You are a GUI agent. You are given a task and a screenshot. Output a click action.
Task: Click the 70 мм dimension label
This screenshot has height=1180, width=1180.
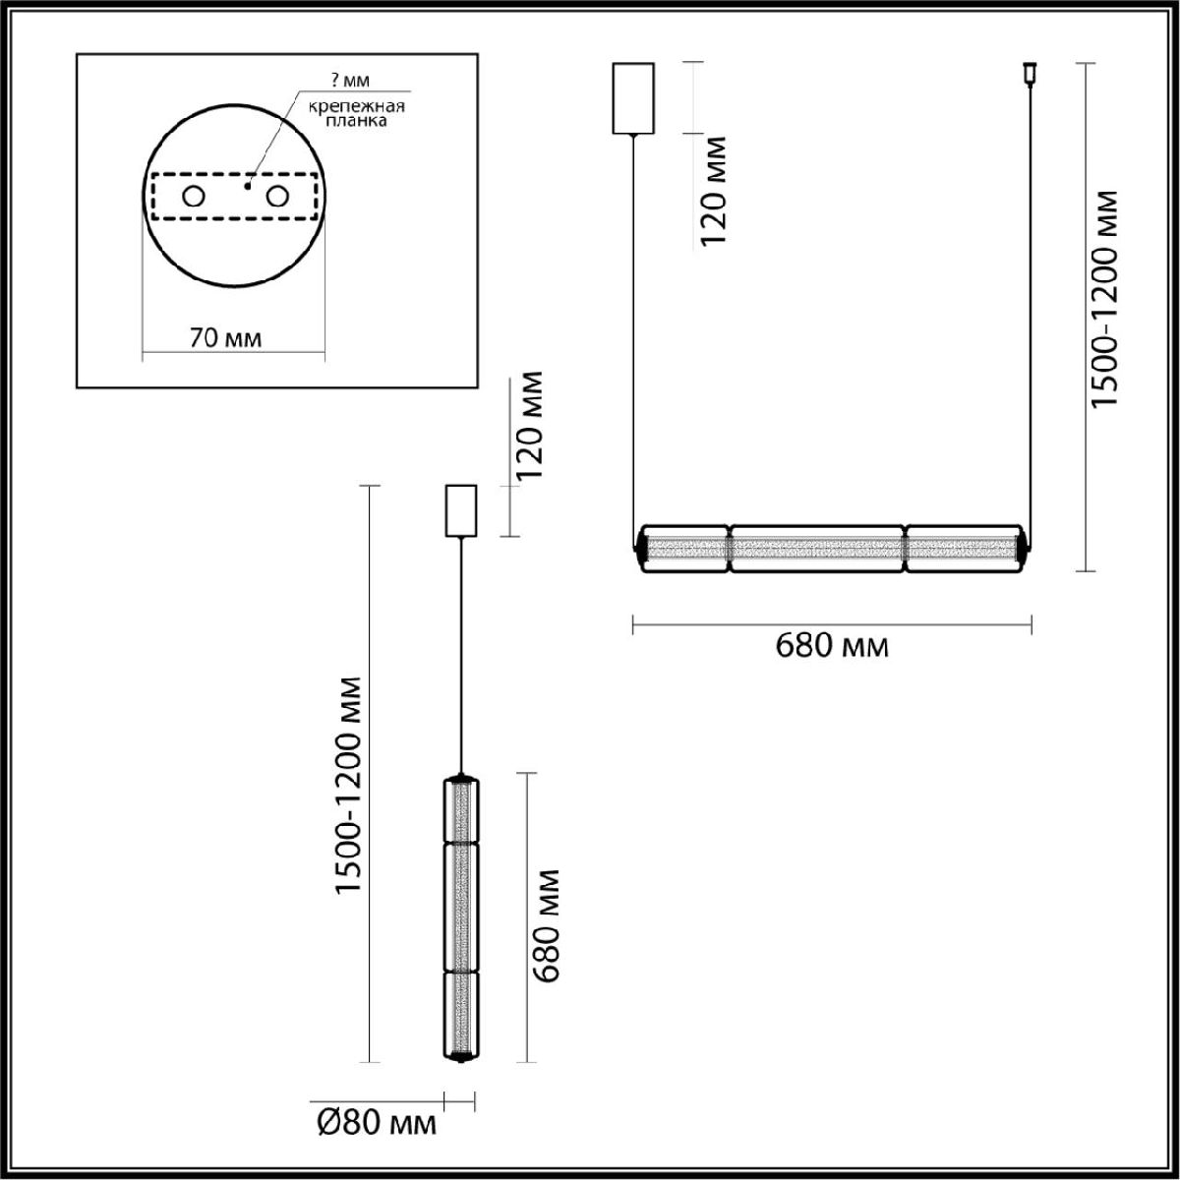(225, 339)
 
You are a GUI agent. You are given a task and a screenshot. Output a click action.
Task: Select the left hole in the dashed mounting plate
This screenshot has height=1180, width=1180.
(193, 197)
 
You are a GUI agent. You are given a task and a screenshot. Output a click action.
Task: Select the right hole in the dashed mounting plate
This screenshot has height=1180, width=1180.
(277, 197)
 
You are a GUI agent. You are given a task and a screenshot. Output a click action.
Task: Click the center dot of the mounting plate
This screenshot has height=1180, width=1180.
(248, 184)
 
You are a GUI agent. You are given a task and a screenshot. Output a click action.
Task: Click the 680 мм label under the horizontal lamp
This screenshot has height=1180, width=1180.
(832, 646)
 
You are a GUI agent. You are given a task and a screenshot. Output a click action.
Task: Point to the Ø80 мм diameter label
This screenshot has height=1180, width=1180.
(378, 1122)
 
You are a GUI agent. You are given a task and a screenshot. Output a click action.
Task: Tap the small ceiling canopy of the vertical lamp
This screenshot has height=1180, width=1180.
(461, 511)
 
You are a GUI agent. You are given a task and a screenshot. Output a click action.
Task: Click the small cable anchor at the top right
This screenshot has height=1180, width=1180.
(1030, 73)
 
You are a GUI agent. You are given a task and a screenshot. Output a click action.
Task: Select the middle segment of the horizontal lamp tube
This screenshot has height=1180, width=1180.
(817, 548)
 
